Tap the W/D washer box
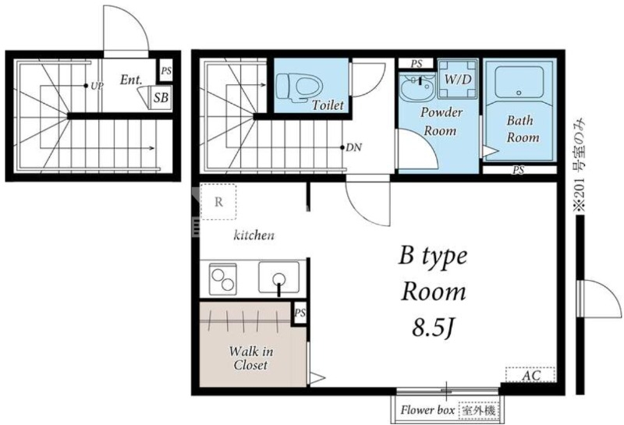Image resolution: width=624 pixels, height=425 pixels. click(458, 79)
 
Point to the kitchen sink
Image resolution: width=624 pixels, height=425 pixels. click(279, 278)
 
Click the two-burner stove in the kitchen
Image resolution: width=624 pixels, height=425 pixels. click(223, 279)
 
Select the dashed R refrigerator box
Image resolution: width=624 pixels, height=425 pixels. click(218, 202)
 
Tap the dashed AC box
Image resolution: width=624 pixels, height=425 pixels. click(530, 375)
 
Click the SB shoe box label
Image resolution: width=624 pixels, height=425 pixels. click(161, 97)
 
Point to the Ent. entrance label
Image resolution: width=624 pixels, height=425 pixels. click(131, 80)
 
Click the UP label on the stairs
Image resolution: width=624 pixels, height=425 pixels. click(97, 86)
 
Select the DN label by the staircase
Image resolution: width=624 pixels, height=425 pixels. click(354, 147)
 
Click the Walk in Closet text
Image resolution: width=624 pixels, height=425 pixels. click(250, 358)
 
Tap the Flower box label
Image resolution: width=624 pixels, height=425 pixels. click(427, 410)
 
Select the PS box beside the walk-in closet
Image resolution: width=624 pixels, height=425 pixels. click(300, 313)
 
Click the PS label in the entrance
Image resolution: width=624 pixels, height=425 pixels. click(166, 71)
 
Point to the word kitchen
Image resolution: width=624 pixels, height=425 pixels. click(254, 236)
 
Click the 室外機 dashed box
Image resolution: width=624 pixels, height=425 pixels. click(479, 410)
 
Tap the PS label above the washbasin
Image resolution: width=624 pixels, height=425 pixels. click(417, 64)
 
